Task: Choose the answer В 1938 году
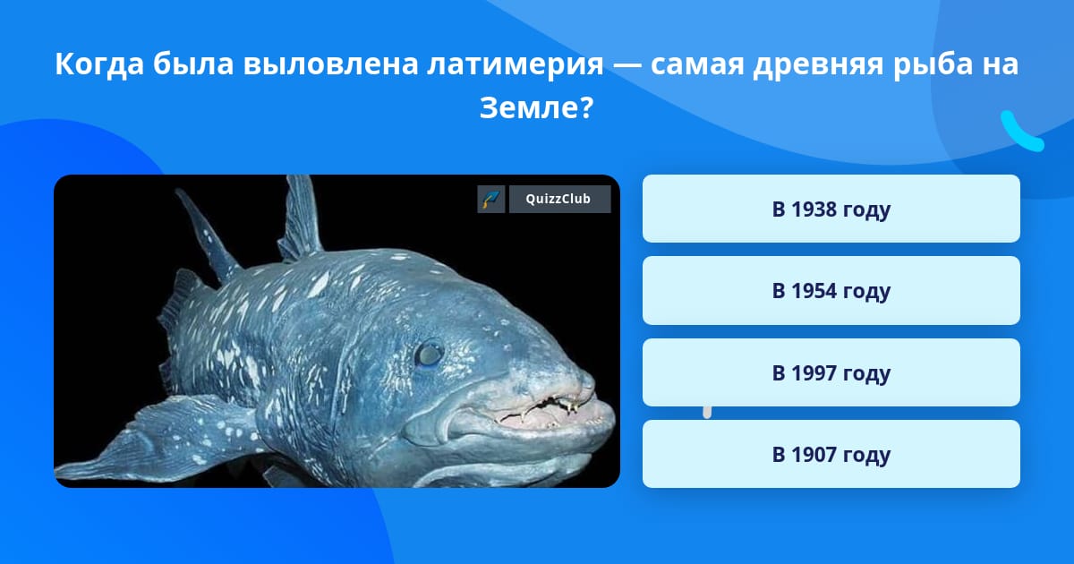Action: click(x=831, y=209)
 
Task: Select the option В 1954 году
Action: click(x=831, y=291)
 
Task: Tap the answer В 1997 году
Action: click(x=831, y=372)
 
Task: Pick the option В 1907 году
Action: click(x=831, y=454)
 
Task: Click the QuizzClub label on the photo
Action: click(x=559, y=199)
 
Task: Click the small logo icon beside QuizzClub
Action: click(x=491, y=199)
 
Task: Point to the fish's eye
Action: click(x=428, y=355)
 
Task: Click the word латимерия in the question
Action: click(x=516, y=64)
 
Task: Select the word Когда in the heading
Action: click(x=99, y=64)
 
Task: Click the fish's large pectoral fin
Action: click(x=158, y=439)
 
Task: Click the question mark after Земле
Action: click(x=588, y=108)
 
